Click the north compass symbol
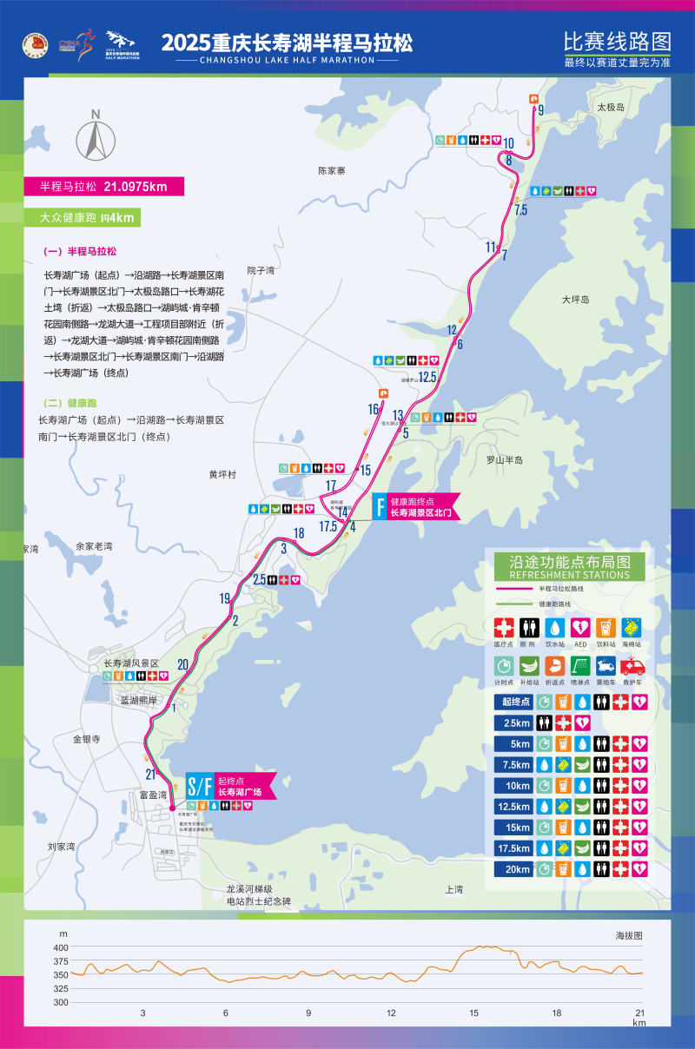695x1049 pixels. [96, 137]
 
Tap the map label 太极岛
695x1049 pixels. [610, 107]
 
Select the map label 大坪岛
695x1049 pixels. [574, 300]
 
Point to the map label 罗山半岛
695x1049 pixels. [504, 459]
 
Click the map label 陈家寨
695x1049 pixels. [331, 171]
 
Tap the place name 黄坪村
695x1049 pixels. [222, 475]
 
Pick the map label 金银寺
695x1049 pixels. [87, 739]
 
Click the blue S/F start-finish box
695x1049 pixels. [200, 785]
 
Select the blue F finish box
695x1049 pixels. [380, 506]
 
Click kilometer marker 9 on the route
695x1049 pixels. [540, 110]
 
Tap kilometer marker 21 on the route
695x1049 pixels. [150, 775]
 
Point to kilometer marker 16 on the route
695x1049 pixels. [374, 409]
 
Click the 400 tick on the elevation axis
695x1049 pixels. [61, 947]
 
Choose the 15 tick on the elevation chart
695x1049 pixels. [473, 1013]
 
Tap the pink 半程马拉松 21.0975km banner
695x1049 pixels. [103, 186]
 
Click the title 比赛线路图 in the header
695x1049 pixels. [617, 41]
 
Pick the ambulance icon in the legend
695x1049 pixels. [632, 667]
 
